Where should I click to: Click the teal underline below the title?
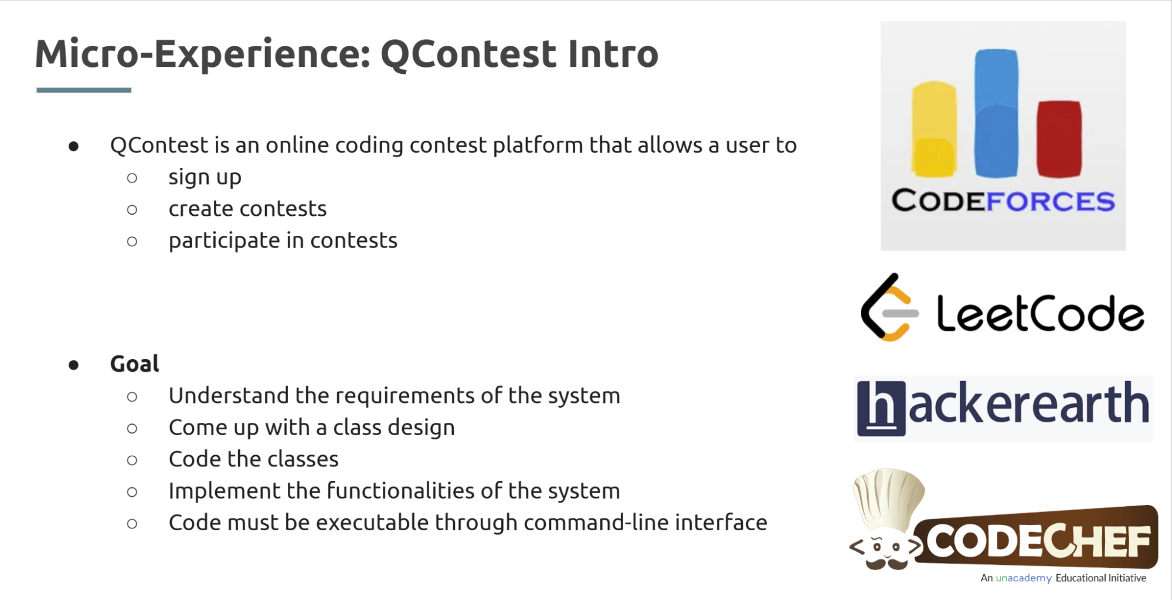pos(83,90)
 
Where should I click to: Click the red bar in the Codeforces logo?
pos(1059,139)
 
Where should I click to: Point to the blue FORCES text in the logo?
pos(1050,201)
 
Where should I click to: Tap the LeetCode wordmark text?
pos(1039,314)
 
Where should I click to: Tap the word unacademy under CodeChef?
pos(1023,578)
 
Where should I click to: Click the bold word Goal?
pos(134,364)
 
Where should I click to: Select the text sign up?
pos(205,177)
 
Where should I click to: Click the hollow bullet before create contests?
pos(132,209)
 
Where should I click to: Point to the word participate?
pos(224,241)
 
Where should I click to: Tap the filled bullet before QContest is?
pos(73,146)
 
